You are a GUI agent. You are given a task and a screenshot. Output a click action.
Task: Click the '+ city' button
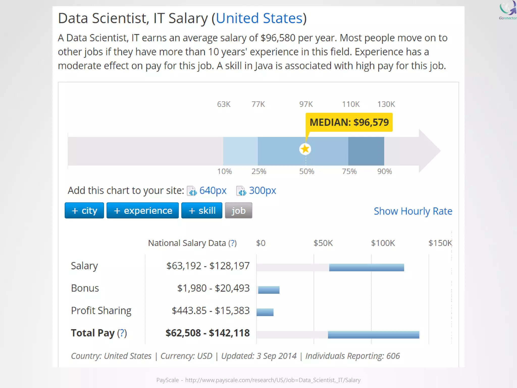point(84,210)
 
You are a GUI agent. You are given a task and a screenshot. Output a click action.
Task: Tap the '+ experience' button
point(143,210)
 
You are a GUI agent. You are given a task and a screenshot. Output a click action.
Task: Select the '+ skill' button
point(202,210)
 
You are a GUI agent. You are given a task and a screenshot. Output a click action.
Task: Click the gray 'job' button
point(239,210)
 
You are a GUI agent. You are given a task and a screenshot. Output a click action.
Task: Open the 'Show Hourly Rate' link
point(413,211)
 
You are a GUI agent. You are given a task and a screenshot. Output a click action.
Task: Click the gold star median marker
point(305,149)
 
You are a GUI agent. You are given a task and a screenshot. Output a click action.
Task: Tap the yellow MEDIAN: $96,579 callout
point(349,122)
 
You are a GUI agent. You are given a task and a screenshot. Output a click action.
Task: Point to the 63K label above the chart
point(224,104)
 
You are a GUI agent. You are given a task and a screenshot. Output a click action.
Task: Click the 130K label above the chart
point(386,104)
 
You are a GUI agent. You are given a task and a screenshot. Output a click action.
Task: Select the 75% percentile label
point(349,172)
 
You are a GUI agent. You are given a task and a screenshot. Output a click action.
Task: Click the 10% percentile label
point(224,172)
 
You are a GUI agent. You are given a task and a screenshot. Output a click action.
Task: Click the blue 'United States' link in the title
point(259,18)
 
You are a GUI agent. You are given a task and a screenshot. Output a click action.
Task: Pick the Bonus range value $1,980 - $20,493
point(213,288)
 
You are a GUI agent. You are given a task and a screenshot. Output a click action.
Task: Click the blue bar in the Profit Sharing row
point(265,312)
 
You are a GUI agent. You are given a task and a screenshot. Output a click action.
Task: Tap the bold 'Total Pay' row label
point(93,333)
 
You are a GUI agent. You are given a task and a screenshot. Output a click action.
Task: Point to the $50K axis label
point(323,243)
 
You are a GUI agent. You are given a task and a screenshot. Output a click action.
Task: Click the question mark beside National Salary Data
point(232,243)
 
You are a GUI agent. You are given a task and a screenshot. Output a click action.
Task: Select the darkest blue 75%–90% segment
point(366,151)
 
